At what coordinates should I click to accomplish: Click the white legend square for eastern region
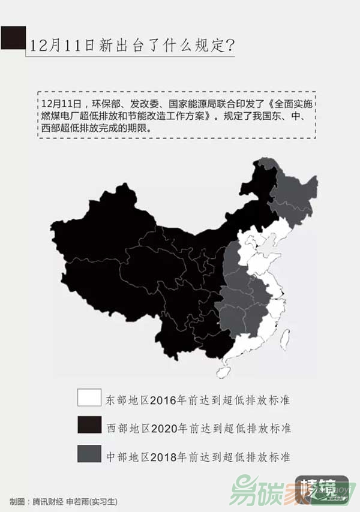(89, 397)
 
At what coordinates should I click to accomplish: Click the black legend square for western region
(89, 425)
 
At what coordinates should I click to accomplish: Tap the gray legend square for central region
(89, 453)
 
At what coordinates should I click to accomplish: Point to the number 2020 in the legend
(163, 428)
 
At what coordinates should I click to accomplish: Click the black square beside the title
(13, 38)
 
